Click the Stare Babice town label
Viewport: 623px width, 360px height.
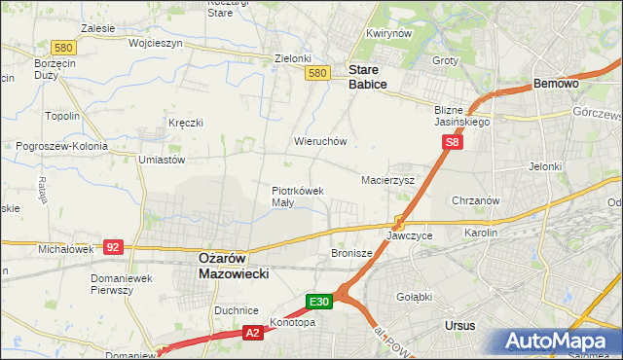coord(368,78)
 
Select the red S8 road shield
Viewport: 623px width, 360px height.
coord(452,142)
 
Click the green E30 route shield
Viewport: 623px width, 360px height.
coord(321,302)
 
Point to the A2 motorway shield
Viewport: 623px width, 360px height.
coord(251,333)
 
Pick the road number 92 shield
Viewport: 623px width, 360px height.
coord(113,247)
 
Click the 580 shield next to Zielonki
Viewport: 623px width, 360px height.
coord(316,73)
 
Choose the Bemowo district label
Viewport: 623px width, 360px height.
coord(557,85)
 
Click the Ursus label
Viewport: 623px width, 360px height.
coord(458,326)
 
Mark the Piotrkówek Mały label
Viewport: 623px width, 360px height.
coord(297,197)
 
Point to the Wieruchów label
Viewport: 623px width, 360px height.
coord(320,141)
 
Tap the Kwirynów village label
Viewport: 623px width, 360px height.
coord(385,33)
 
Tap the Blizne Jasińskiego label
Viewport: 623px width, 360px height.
coord(461,117)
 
